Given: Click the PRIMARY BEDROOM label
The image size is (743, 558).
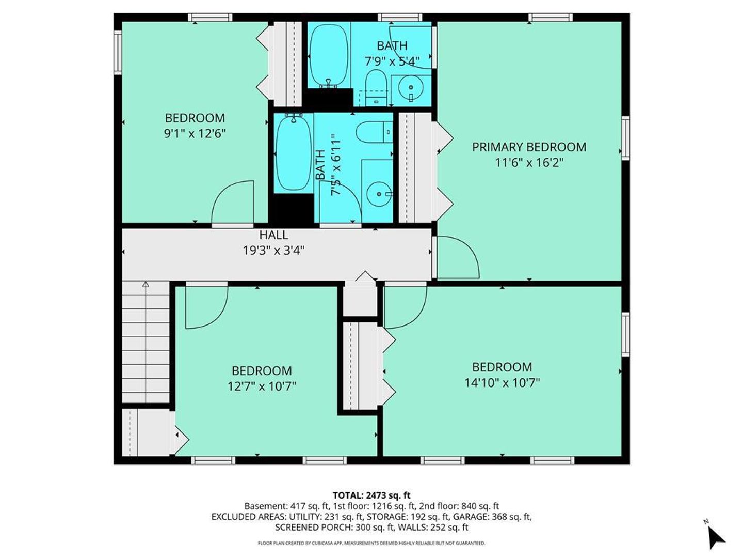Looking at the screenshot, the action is (x=529, y=147).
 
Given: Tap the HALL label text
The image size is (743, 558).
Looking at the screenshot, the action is (x=273, y=235).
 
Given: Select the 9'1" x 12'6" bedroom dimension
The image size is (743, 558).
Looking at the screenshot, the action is (x=195, y=134).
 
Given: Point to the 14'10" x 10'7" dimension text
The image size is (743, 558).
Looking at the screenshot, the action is (x=502, y=383).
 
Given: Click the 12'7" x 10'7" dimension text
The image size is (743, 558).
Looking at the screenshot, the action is (x=262, y=386).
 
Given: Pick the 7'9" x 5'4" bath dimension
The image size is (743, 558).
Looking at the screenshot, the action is (x=392, y=61).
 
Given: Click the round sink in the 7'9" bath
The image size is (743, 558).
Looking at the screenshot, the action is (x=411, y=88).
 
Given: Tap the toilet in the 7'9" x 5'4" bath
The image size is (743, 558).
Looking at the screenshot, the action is (x=377, y=88).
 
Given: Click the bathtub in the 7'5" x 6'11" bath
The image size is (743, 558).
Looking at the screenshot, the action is (x=293, y=153).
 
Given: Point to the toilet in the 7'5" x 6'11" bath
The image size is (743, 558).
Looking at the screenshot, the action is (x=374, y=132).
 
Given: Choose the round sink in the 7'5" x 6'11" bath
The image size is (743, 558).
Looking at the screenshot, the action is (x=379, y=194).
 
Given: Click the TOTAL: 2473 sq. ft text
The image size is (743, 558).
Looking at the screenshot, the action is (x=372, y=495).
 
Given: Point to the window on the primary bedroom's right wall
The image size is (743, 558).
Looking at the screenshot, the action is (x=626, y=138).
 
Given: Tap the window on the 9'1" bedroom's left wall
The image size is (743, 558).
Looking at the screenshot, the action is (x=118, y=53).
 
